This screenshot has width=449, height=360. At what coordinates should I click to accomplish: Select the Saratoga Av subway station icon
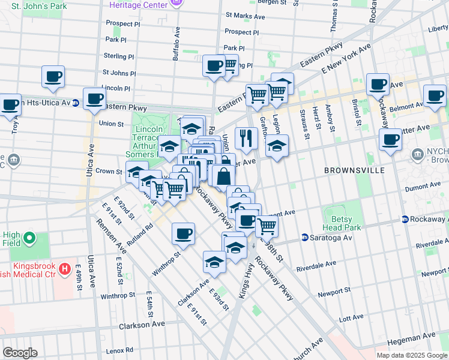[x=305, y=238]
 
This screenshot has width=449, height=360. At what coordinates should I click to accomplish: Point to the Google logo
[x=20, y=353]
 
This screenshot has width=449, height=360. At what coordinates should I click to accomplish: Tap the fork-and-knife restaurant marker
[x=246, y=139]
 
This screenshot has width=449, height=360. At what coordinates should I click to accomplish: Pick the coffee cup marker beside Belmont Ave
[x=435, y=95]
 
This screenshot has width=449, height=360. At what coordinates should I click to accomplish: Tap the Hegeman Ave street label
[x=412, y=340]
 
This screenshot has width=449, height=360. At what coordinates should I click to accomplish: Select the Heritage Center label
[x=137, y=4]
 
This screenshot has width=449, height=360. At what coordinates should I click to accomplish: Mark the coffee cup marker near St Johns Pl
[x=53, y=76]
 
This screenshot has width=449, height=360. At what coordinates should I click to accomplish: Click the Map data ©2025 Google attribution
[x=411, y=355]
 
